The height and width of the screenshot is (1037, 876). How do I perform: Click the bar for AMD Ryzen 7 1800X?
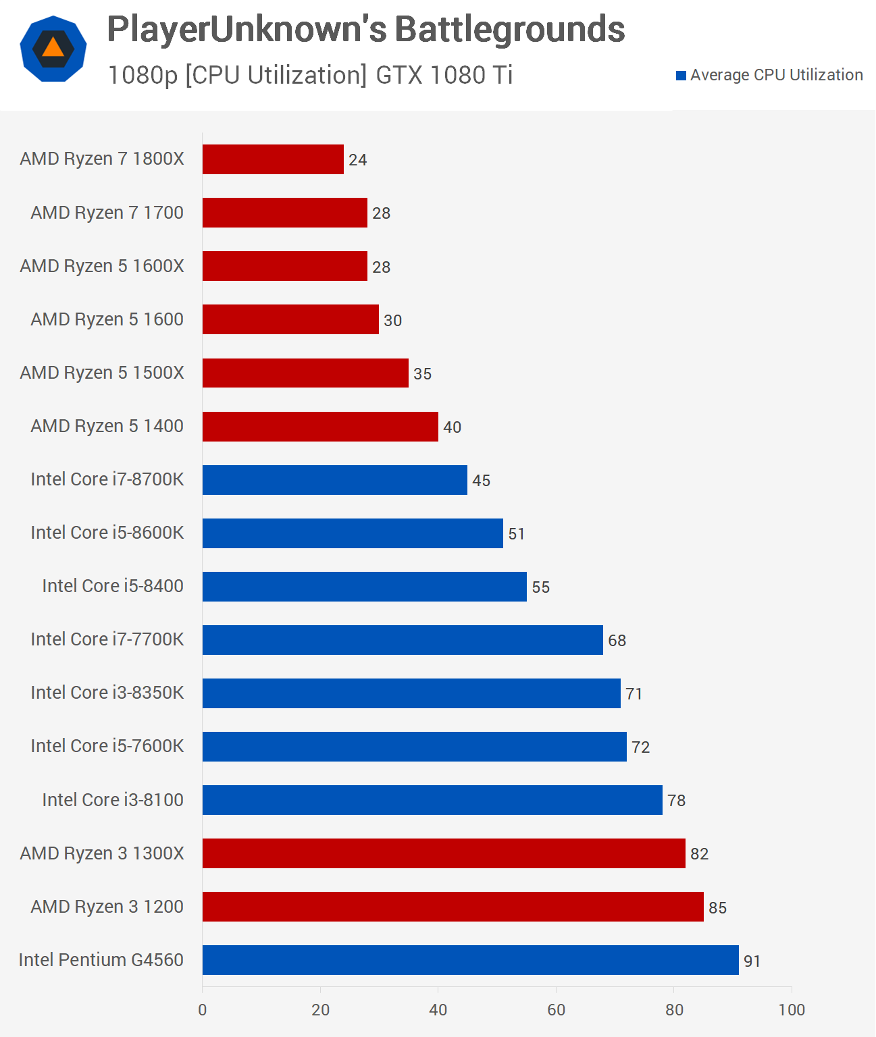pyautogui.click(x=273, y=159)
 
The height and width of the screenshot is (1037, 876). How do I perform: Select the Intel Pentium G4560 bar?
pyautogui.click(x=470, y=960)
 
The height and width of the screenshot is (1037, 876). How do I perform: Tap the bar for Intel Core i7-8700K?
pyautogui.click(x=334, y=480)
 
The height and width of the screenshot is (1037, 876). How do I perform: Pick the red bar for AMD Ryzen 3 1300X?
pyautogui.click(x=444, y=853)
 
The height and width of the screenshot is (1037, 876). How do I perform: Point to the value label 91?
pyautogui.click(x=752, y=961)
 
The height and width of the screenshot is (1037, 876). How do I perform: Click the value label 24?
pyautogui.click(x=357, y=160)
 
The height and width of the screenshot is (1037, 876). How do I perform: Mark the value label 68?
pyautogui.click(x=617, y=641)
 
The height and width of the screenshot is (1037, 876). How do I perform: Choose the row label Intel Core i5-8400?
pyautogui.click(x=113, y=586)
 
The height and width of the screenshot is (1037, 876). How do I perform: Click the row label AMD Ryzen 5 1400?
pyautogui.click(x=107, y=426)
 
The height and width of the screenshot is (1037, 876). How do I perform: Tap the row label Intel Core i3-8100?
pyautogui.click(x=113, y=800)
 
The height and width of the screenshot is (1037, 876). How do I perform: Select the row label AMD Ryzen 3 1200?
pyautogui.click(x=107, y=907)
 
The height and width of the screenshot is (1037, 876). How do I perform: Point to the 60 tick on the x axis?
pyautogui.click(x=556, y=1010)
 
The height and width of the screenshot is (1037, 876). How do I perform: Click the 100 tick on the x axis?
pyautogui.click(x=792, y=1010)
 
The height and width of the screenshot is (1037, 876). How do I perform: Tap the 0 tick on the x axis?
pyautogui.click(x=203, y=1010)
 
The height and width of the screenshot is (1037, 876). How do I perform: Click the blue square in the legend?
pyautogui.click(x=681, y=76)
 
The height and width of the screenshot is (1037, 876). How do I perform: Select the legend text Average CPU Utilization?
pyautogui.click(x=776, y=75)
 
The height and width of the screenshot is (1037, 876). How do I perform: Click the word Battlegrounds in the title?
pyautogui.click(x=509, y=30)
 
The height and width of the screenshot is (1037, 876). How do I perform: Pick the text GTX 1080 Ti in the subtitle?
pyautogui.click(x=444, y=75)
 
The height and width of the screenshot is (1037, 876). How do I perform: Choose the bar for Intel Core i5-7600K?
pyautogui.click(x=414, y=747)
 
